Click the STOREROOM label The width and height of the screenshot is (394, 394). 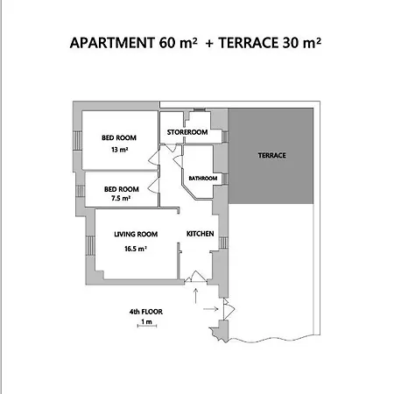[187, 132]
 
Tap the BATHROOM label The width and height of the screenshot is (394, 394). [203, 178]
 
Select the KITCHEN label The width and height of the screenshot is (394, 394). [201, 234]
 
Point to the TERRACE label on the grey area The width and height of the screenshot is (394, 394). [271, 155]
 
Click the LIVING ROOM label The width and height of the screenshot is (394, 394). [136, 234]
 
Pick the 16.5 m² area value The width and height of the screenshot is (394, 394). [136, 249]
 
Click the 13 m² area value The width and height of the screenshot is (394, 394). [120, 150]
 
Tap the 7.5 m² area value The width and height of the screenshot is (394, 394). [121, 198]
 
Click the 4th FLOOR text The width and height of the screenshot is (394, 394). [146, 312]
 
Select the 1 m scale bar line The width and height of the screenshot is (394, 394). [147, 326]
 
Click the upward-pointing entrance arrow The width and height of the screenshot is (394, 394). [195, 296]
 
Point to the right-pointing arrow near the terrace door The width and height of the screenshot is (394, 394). [211, 309]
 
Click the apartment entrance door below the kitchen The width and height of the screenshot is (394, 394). [195, 278]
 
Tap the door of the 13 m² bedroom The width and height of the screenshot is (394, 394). [154, 158]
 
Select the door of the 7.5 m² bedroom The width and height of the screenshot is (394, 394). [153, 186]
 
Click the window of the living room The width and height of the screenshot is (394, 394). [90, 245]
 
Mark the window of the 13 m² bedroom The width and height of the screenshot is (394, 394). [77, 140]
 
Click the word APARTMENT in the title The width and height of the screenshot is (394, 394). [112, 43]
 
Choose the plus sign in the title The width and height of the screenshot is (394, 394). [209, 44]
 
